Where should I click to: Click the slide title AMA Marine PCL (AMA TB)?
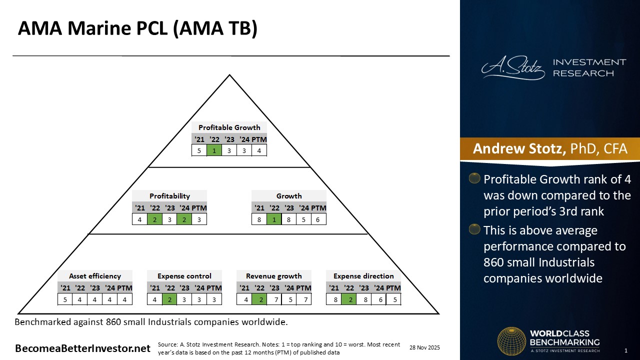137,29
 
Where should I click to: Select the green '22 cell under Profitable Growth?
214,150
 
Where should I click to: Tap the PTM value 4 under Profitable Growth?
259,150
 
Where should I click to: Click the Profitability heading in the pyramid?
169,196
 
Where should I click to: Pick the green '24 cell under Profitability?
184,219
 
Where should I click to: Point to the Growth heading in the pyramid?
289,196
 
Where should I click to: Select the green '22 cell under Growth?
274,219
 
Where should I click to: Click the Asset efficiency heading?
95,276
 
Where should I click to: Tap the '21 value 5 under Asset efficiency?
65,299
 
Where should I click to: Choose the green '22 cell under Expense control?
170,299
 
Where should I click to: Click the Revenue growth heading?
274,276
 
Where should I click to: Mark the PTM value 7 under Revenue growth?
303,299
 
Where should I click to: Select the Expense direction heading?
363,276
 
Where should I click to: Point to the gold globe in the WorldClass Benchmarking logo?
511,341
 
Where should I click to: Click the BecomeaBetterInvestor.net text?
82,348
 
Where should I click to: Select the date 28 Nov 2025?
424,347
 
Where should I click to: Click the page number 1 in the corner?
626,350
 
